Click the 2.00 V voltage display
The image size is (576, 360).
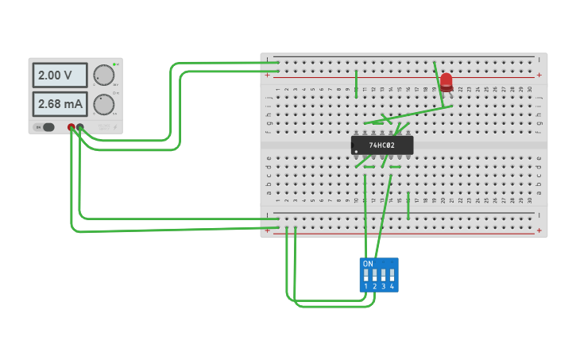[60, 75]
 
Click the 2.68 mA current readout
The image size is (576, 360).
[60, 104]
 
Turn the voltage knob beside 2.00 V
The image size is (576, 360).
[103, 75]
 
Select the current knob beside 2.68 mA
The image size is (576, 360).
[103, 104]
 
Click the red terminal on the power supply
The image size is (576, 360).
[72, 127]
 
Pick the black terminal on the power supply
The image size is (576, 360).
[80, 127]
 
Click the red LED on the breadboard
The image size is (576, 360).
[446, 81]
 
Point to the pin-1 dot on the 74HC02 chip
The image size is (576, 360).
[357, 151]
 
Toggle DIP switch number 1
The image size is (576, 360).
[366, 276]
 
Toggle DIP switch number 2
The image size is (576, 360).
[375, 276]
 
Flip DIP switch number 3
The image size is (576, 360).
[384, 276]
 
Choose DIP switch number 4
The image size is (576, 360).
[392, 276]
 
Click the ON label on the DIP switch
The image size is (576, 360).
[367, 264]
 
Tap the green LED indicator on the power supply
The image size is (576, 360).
[114, 64]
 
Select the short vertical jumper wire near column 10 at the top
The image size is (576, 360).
[356, 81]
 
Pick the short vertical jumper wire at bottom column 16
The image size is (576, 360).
[408, 205]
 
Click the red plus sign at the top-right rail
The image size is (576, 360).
[539, 75]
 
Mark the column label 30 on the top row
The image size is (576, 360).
[530, 90]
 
